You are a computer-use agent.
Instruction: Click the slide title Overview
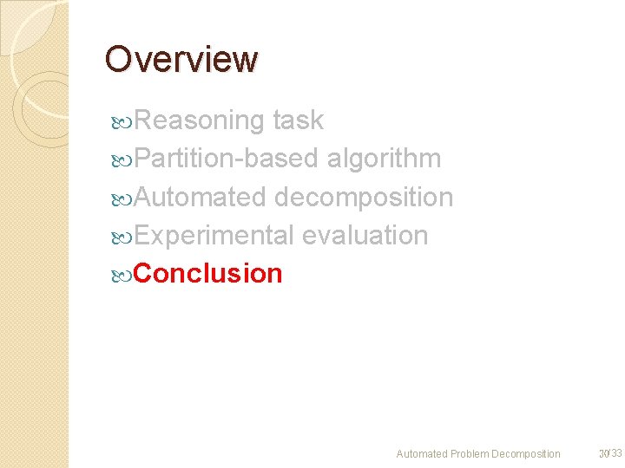click(181, 60)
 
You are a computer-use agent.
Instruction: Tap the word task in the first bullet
click(298, 120)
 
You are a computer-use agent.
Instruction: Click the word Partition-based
click(227, 159)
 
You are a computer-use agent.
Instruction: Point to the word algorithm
click(384, 159)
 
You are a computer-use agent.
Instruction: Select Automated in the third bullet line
click(200, 197)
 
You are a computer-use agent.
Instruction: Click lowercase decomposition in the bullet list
click(364, 197)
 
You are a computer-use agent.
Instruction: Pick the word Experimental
click(216, 235)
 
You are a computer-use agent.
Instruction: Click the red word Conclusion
click(208, 273)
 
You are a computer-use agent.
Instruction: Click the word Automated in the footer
click(422, 454)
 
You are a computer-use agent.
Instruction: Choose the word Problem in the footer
click(470, 454)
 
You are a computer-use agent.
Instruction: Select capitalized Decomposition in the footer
click(526, 454)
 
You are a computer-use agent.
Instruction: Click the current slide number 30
click(602, 453)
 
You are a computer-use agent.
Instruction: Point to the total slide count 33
click(616, 453)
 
